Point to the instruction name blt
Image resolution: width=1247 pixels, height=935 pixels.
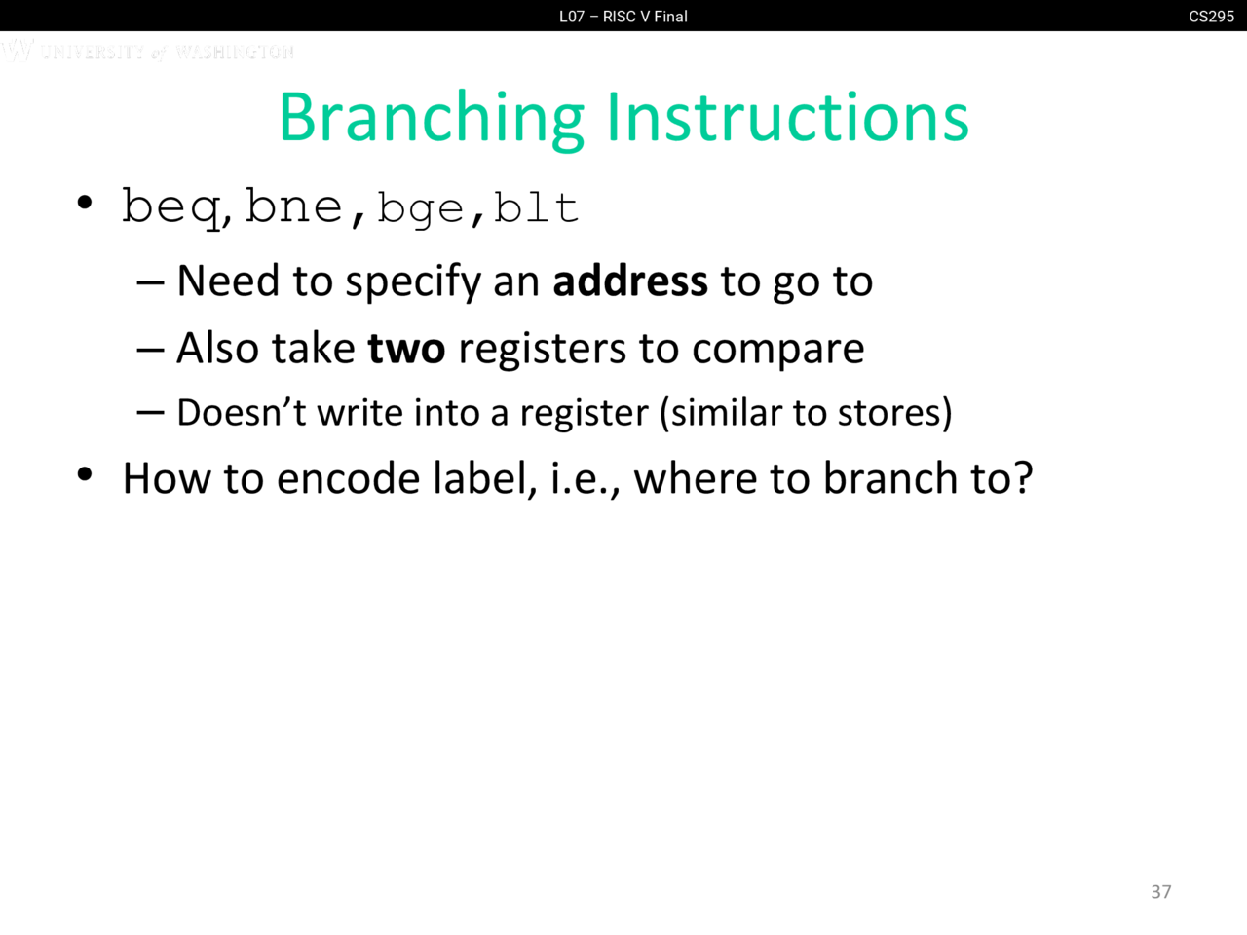536,207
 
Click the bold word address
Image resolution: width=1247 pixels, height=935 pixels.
630,280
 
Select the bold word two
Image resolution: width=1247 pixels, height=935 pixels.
407,348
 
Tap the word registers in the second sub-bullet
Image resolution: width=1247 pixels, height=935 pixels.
542,350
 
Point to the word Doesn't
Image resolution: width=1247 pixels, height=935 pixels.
242,412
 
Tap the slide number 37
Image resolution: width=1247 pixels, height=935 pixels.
1160,892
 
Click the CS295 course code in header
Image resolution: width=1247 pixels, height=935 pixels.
1211,17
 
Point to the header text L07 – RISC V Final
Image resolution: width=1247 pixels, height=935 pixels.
623,17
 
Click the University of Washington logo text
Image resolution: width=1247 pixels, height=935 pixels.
148,51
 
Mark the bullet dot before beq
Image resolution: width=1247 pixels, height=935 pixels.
85,203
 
